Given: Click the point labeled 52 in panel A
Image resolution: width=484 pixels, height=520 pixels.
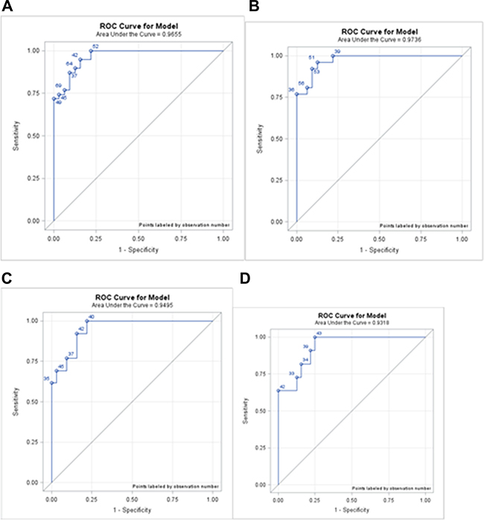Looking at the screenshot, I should click(x=91, y=51).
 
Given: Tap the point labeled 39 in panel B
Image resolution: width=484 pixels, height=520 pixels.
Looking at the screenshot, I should click(x=333, y=56).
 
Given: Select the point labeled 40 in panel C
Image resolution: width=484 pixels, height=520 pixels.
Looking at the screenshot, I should click(x=87, y=321).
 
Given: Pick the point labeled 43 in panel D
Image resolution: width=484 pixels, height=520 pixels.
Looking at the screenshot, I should click(x=315, y=337).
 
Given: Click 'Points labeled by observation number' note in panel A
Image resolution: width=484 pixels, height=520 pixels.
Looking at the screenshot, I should click(x=184, y=223).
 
